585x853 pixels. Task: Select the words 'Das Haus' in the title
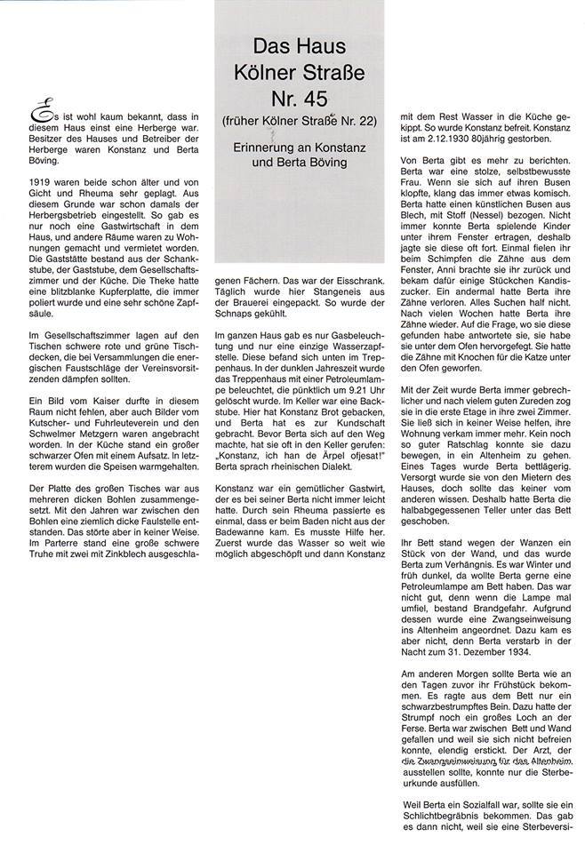click(x=299, y=44)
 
